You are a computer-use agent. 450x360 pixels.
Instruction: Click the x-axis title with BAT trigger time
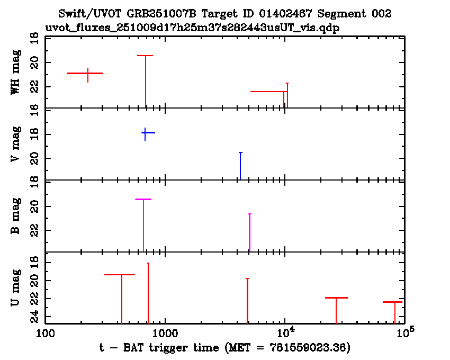click(224, 348)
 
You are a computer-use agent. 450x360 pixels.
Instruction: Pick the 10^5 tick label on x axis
click(404, 334)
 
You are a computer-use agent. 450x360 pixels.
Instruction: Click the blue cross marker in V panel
click(145, 132)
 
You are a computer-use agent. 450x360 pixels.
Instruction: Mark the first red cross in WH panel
click(87, 74)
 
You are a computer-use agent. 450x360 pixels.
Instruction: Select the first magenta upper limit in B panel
click(143, 222)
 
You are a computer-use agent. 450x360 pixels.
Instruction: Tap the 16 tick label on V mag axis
click(34, 109)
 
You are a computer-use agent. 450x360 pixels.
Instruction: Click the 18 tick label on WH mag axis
click(34, 38)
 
